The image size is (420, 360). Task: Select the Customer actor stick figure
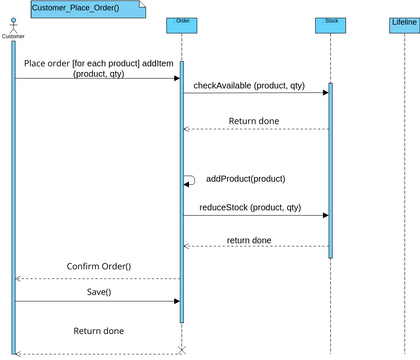[14, 22]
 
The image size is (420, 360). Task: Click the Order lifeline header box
[182, 21]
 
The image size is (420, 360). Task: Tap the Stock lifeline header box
[331, 21]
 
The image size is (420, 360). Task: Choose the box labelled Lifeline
[403, 21]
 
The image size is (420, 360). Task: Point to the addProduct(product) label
[245, 179]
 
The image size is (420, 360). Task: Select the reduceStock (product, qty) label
[248, 207]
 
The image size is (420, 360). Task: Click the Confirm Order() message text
[99, 266]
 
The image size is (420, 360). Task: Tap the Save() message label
[99, 292]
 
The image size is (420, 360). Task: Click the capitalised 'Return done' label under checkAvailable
[254, 121]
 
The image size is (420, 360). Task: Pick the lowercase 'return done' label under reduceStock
[249, 240]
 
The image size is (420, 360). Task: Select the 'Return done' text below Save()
[99, 330]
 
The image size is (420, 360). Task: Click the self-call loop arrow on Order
[190, 180]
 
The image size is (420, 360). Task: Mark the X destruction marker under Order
[182, 349]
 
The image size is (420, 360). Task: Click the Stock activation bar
[330, 170]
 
